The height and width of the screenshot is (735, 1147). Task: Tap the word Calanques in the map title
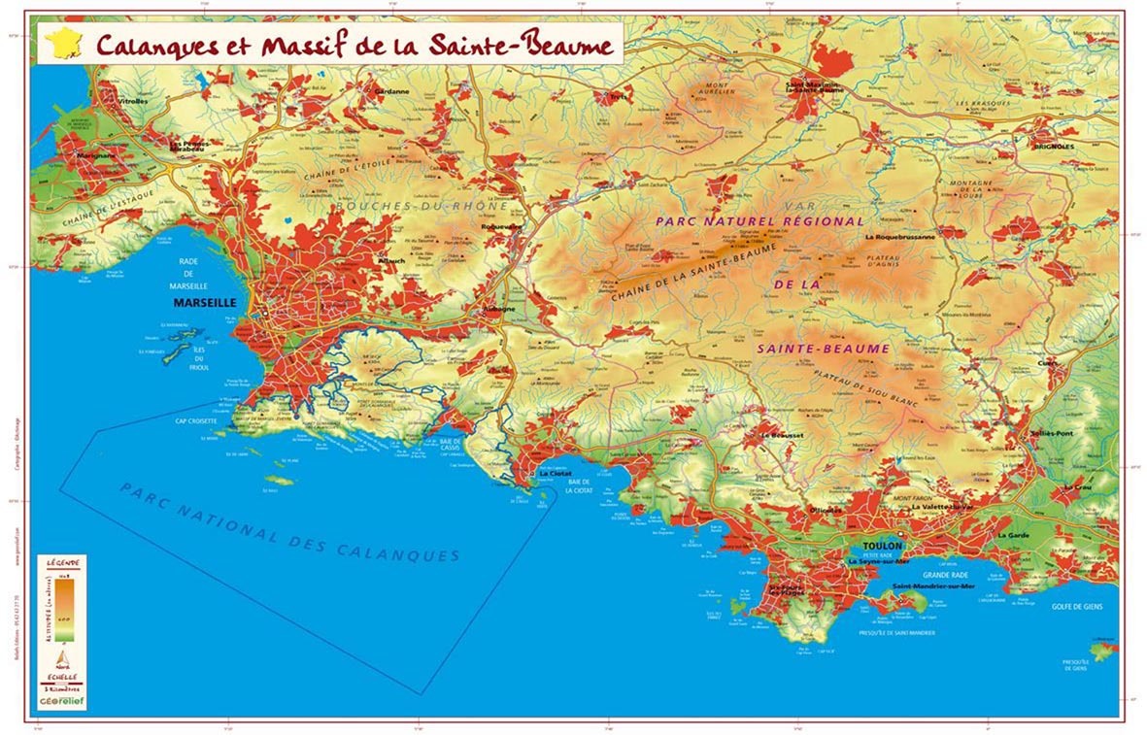(144, 45)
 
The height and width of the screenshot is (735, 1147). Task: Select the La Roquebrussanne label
(899, 236)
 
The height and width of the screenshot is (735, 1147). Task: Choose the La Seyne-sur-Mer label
(880, 561)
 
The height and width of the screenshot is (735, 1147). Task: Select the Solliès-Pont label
(1051, 434)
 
